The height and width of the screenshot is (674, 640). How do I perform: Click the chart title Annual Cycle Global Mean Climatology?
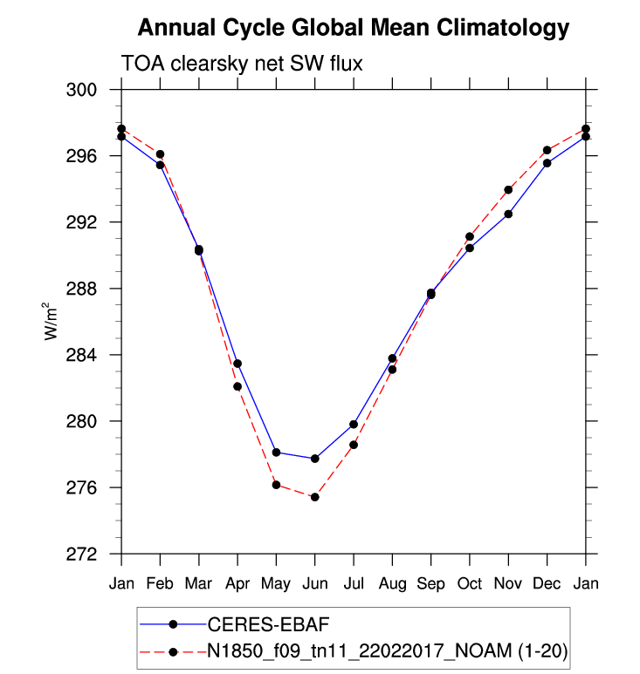[x=354, y=28]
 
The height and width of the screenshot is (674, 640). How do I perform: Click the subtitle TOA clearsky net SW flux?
[x=240, y=65]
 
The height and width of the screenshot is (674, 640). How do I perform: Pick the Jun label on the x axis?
[x=314, y=582]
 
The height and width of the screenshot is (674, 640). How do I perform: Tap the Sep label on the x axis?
[x=430, y=582]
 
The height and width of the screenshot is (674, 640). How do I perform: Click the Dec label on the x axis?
[x=547, y=582]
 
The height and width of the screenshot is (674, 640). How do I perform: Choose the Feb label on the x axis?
[x=160, y=582]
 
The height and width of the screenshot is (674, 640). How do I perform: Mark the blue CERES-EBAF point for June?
[x=314, y=459]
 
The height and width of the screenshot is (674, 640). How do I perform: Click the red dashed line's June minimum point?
[x=314, y=497]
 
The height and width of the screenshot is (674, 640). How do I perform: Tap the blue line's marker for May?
[x=276, y=453]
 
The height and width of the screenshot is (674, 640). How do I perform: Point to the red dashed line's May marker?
[x=276, y=485]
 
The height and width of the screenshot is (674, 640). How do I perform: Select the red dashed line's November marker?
[x=508, y=189]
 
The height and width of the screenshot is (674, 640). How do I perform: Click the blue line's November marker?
[x=508, y=214]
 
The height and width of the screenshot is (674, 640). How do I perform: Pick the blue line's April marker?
[x=237, y=364]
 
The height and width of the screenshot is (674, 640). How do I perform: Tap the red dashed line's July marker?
[x=354, y=445]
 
